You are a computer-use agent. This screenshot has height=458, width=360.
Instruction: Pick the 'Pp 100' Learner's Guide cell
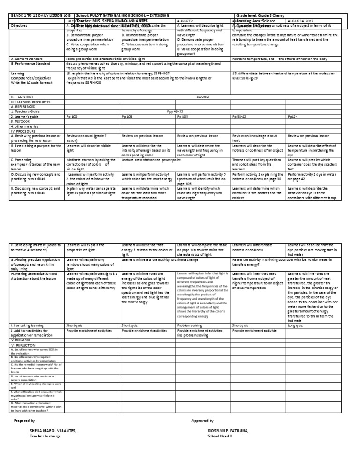pyautogui.click(x=72, y=117)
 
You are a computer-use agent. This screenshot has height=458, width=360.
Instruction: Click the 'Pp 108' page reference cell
pyautogui.click(x=127, y=117)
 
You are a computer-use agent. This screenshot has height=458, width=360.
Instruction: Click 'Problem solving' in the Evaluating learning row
pyautogui.click(x=190, y=325)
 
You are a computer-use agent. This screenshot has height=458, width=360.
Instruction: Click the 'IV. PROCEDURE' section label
pyautogui.click(x=22, y=131)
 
